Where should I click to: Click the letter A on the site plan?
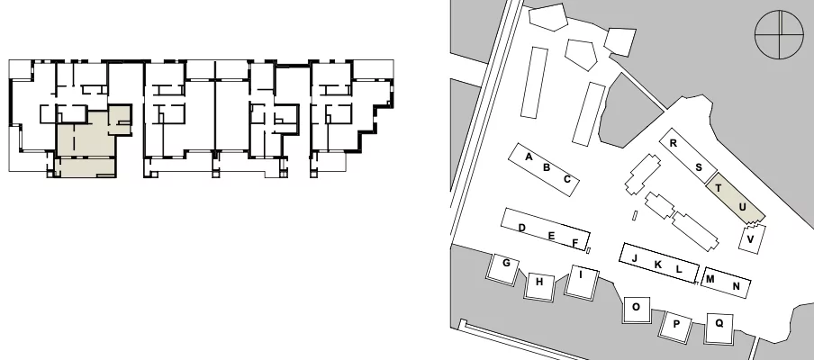(x=529, y=157)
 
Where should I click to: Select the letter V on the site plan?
(x=750, y=239)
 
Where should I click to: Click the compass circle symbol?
(x=779, y=35)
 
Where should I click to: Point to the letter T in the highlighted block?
(x=719, y=188)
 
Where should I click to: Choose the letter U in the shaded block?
(x=742, y=208)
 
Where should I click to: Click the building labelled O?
(x=637, y=310)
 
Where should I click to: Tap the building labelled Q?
(x=719, y=328)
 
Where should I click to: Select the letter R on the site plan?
(x=674, y=144)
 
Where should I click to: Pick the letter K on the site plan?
(x=658, y=265)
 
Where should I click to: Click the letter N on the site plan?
(x=737, y=286)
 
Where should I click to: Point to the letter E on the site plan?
(x=551, y=237)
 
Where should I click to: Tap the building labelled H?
(x=540, y=286)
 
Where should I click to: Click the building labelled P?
(x=676, y=327)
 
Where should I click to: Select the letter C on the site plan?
(x=567, y=179)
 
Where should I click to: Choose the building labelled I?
(x=582, y=282)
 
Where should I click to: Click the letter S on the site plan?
(x=699, y=167)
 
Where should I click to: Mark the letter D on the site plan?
(x=522, y=229)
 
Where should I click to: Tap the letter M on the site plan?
(x=710, y=279)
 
